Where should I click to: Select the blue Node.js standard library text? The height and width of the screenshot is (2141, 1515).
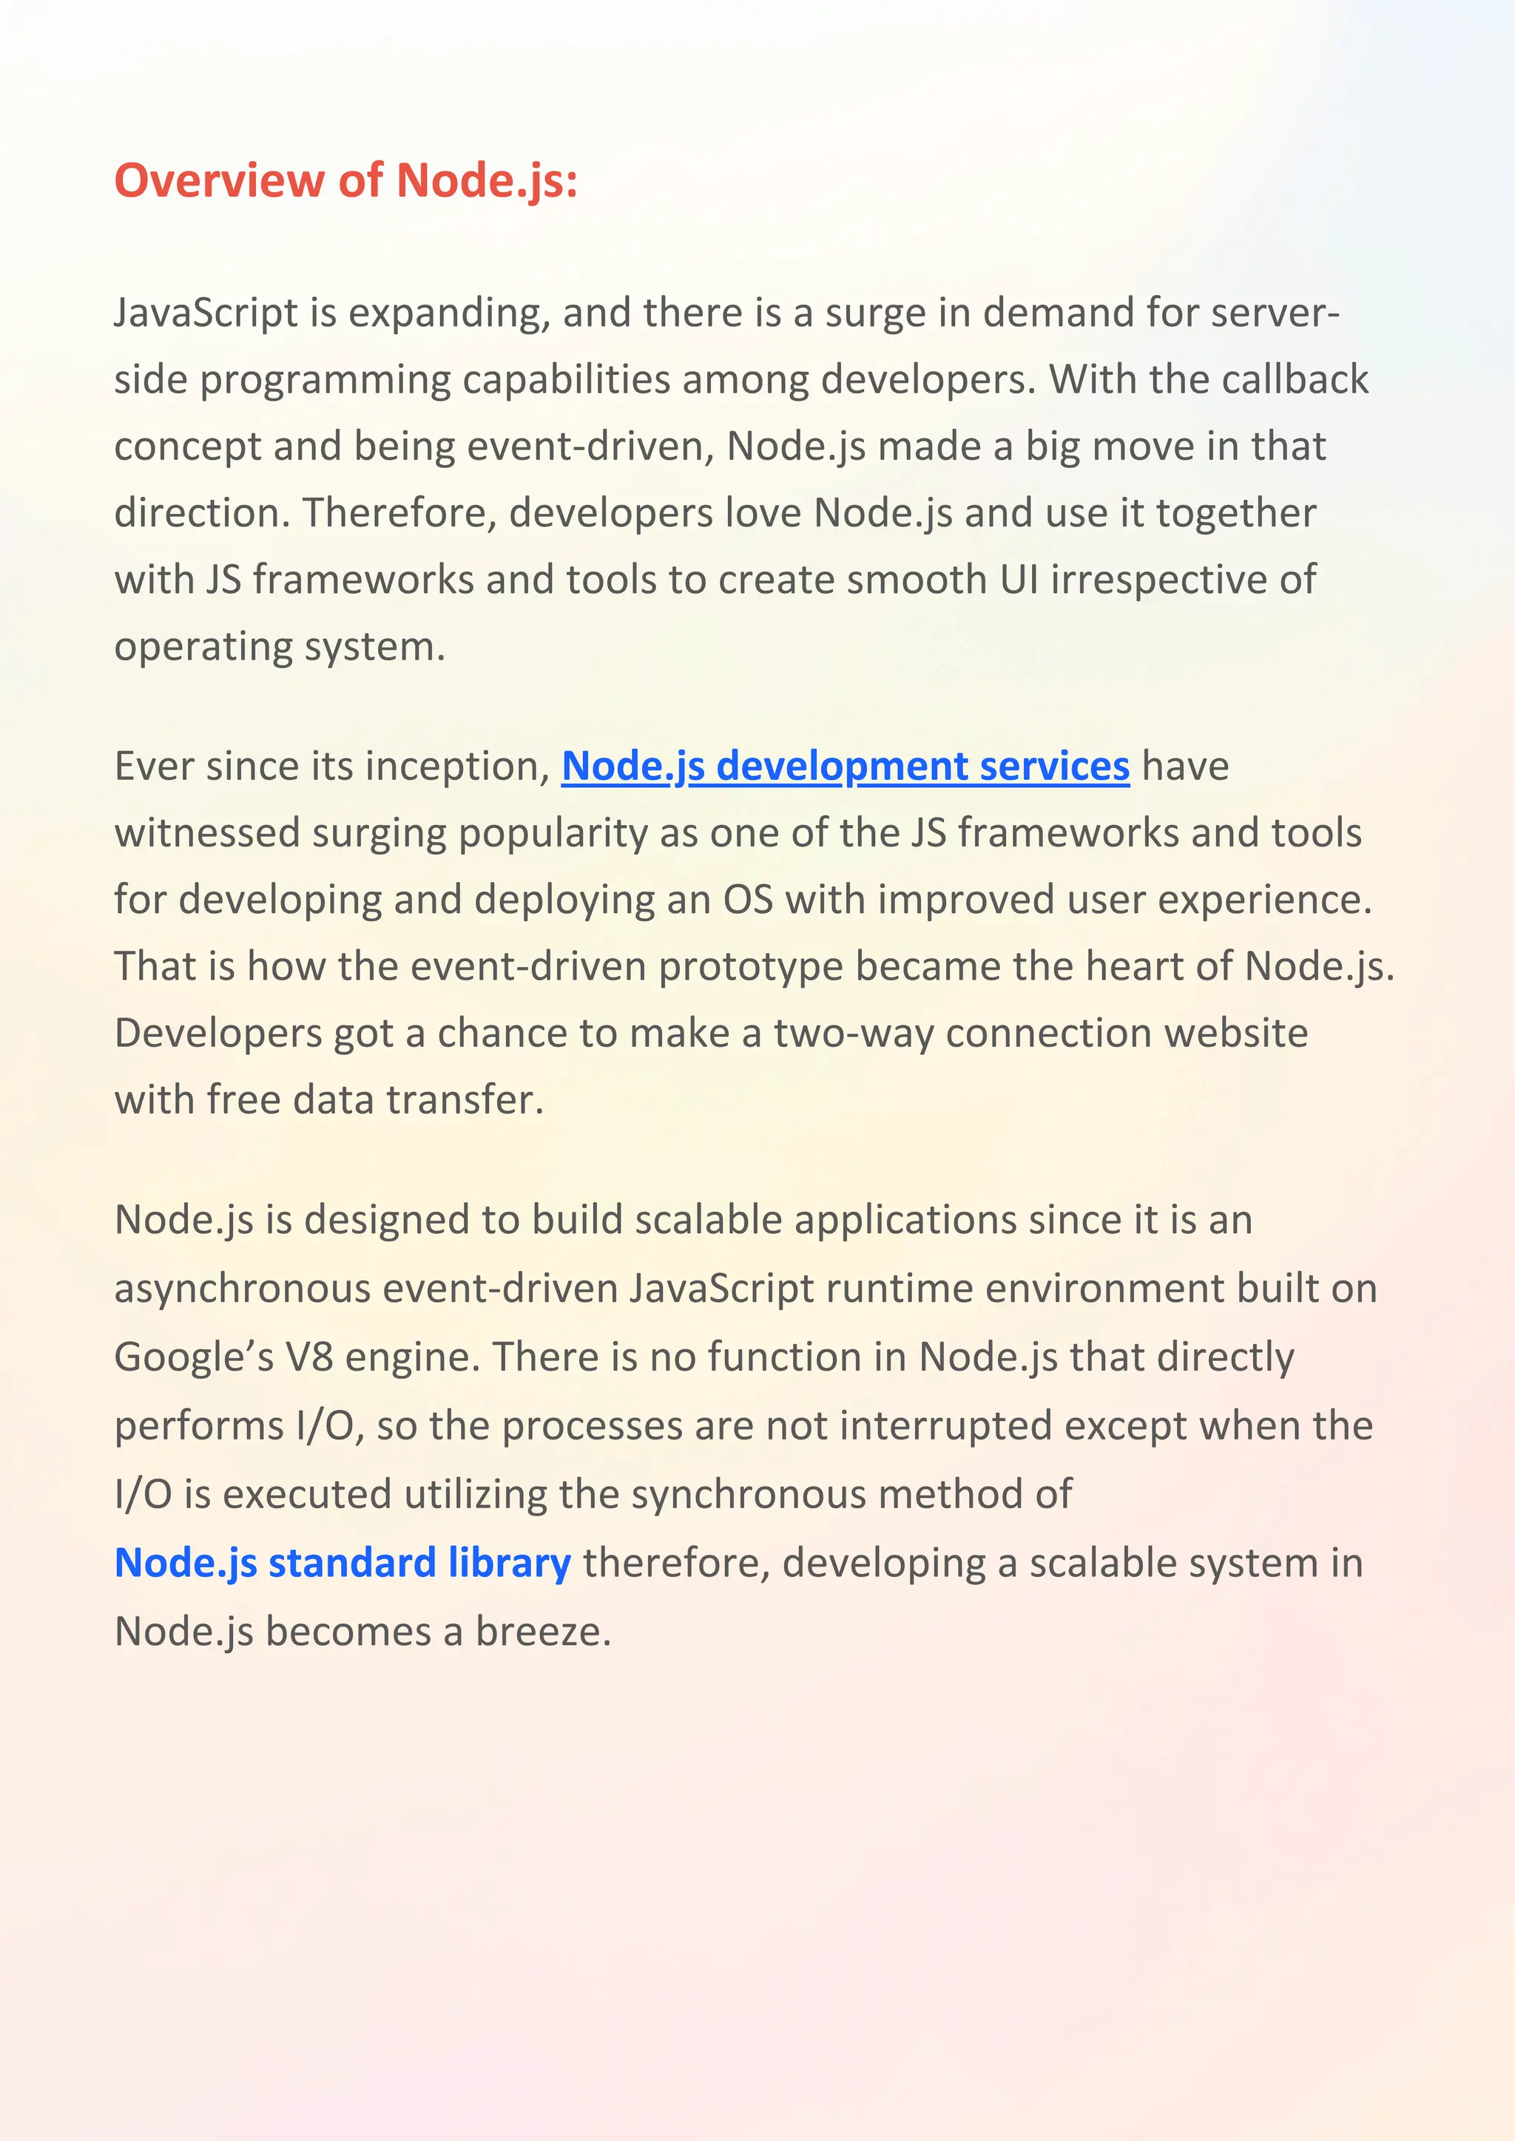(342, 1563)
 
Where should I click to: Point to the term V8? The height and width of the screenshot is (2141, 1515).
(310, 1357)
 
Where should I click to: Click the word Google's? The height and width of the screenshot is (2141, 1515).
(194, 1357)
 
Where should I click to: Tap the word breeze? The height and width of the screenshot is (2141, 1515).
(543, 1632)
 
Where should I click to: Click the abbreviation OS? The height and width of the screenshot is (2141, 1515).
(748, 900)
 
